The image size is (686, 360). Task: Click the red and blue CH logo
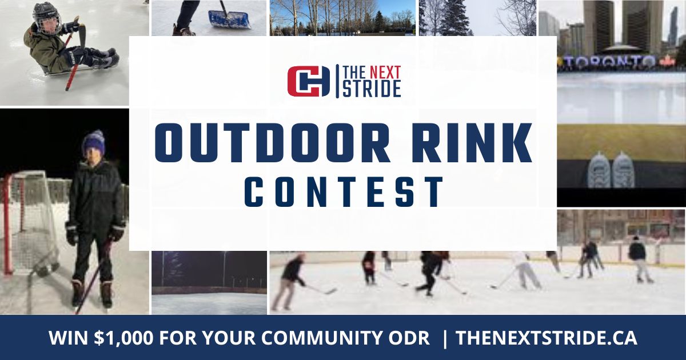[x=309, y=81]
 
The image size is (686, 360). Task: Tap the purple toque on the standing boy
[x=93, y=142]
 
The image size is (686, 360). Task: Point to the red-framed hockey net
[x=31, y=223]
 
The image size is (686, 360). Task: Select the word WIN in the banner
[x=65, y=338]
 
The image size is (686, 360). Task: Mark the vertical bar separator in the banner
[x=445, y=338]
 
